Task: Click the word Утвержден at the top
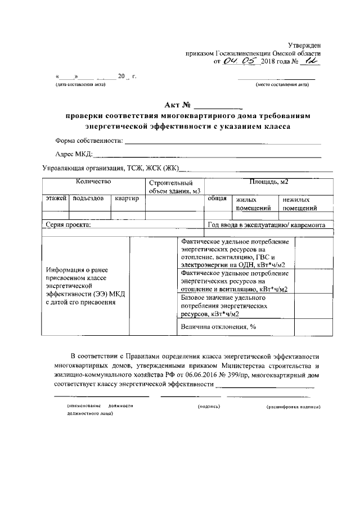(305, 44)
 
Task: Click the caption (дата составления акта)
(80, 85)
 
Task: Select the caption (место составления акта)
(282, 85)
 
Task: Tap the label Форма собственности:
(89, 140)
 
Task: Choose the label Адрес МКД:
(73, 154)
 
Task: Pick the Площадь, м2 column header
(268, 182)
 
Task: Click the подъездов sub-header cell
(89, 199)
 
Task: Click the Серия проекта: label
(68, 225)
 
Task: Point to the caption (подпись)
(208, 406)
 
